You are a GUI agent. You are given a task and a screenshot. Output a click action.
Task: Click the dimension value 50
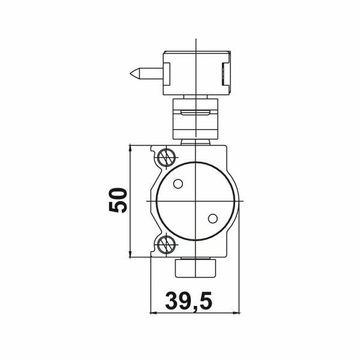(x=118, y=200)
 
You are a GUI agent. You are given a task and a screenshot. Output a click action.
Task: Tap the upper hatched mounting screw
(x=166, y=158)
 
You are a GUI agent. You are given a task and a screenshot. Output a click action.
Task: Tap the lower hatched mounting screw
(x=166, y=244)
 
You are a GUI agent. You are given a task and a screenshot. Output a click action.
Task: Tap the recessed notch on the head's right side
(x=226, y=74)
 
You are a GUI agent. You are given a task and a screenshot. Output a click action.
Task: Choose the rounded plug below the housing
(x=196, y=268)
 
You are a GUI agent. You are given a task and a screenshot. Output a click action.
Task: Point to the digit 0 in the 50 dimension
(x=118, y=192)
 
